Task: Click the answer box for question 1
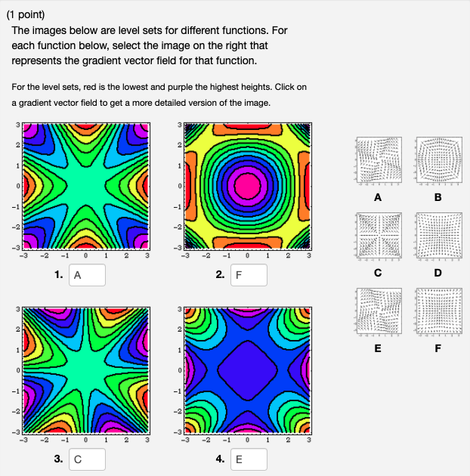click(86, 276)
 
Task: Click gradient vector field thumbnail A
click(377, 162)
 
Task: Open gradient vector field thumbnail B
click(439, 162)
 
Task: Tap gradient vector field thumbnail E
click(377, 311)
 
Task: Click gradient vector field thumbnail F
click(439, 311)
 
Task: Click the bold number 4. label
click(220, 459)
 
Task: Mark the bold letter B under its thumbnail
click(439, 198)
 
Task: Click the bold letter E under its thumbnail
click(377, 349)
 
